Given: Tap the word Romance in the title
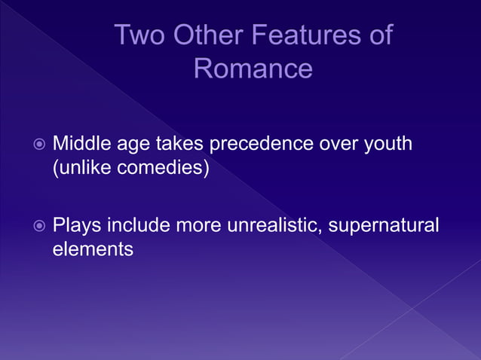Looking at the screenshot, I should tap(253, 69).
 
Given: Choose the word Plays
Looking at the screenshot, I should tap(77, 225).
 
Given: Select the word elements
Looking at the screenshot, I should tap(93, 249).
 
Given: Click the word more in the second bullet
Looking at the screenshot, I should tap(198, 225).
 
